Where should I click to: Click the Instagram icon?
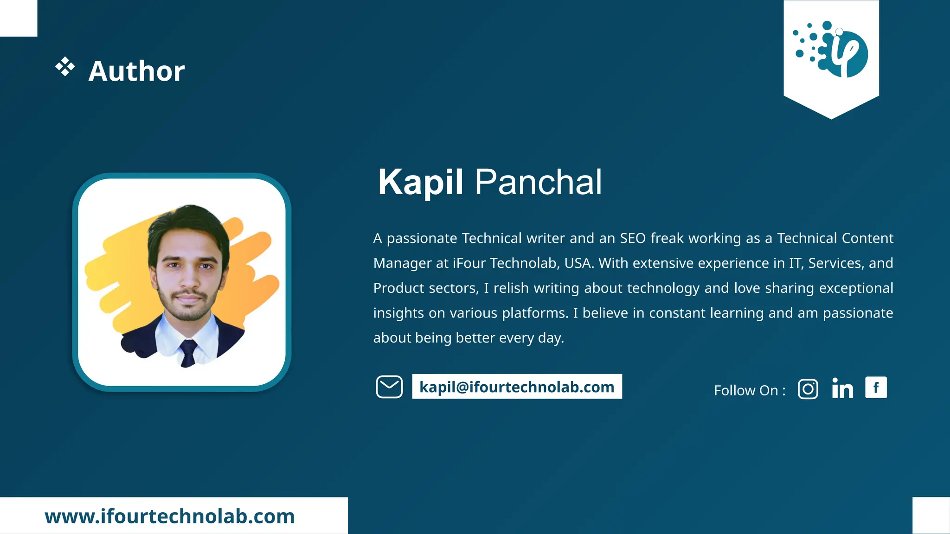[808, 389]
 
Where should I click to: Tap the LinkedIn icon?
[842, 388]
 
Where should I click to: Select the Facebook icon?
[876, 388]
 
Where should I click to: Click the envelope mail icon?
[389, 387]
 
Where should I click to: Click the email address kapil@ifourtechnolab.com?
[517, 387]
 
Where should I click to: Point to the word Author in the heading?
[136, 71]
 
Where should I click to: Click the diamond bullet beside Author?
[65, 67]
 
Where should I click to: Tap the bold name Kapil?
[420, 182]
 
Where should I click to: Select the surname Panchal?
[538, 182]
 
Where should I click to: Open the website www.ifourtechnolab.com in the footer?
[170, 516]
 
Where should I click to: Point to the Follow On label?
[749, 390]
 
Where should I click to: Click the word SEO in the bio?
[633, 238]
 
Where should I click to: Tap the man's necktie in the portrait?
[188, 352]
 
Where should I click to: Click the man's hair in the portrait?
[188, 220]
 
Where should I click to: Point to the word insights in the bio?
[398, 313]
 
